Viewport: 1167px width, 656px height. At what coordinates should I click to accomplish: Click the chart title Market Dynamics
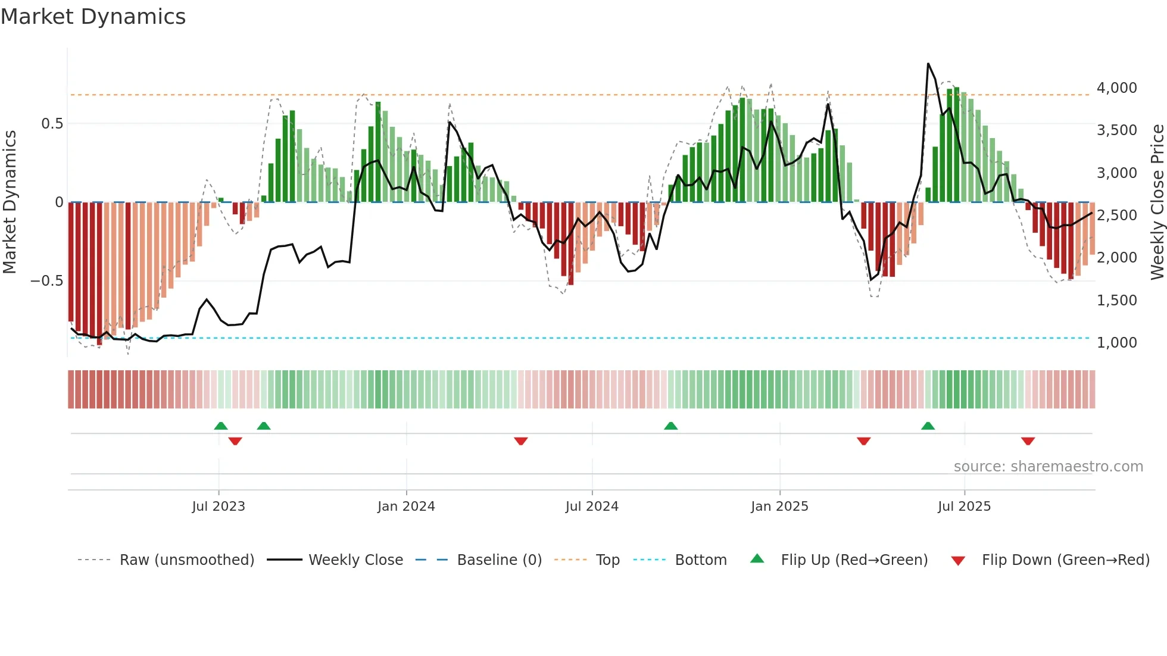[x=93, y=17]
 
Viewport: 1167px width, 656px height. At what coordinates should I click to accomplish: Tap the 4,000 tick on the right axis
[x=1116, y=88]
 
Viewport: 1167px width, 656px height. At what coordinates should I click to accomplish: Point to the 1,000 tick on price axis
[x=1116, y=343]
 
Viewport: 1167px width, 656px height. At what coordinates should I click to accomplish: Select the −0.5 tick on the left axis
[x=46, y=281]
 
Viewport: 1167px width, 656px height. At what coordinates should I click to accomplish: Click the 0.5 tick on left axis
[x=52, y=124]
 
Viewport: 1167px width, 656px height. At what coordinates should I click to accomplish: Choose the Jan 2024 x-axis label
[x=406, y=507]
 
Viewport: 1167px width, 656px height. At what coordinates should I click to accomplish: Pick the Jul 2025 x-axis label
[x=964, y=507]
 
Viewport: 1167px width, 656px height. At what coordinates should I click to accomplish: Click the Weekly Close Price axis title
[x=1157, y=202]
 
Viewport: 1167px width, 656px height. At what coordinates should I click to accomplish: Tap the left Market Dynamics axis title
[x=10, y=202]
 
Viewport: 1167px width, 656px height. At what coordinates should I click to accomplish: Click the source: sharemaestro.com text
[x=1048, y=467]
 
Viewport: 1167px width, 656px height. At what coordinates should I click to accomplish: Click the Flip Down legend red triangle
[x=958, y=561]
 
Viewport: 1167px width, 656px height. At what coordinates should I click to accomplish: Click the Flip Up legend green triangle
[x=757, y=559]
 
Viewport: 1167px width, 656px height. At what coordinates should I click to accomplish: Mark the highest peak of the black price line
[x=928, y=64]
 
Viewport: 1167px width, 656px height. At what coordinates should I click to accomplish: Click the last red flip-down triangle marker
[x=1028, y=441]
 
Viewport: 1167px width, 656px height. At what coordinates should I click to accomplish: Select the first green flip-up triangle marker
[x=221, y=426]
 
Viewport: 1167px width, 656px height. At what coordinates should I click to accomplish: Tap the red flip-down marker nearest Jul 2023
[x=235, y=441]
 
